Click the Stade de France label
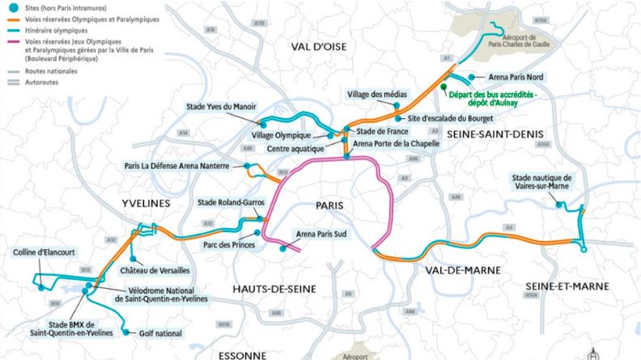point(378,130)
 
